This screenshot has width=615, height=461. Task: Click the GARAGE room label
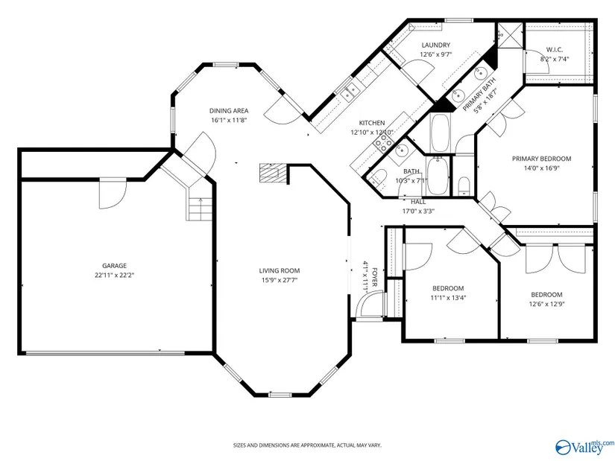coord(115,266)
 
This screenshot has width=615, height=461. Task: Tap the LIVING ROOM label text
coord(280,270)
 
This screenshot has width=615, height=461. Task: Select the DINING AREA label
coord(229,111)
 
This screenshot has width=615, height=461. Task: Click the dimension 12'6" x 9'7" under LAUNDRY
coord(436,54)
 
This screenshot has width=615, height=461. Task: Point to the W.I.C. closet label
coord(554,50)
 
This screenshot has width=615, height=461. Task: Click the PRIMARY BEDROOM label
coord(542,159)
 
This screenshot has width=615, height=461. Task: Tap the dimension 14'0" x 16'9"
coord(542,168)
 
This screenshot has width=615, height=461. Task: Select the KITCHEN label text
coord(372,123)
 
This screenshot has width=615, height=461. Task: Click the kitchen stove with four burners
coord(383,144)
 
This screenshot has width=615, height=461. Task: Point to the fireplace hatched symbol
coord(274,173)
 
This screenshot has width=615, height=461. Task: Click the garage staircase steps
coord(201,209)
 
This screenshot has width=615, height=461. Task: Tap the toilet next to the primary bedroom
coord(464,185)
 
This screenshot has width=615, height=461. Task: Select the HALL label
coord(418,202)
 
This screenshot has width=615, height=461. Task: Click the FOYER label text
coord(374,277)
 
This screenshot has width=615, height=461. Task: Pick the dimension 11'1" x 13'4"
coord(448,298)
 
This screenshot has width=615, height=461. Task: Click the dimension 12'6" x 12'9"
coord(546,304)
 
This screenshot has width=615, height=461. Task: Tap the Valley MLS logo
coord(584,447)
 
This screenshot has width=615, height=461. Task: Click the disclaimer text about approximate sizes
coord(307,445)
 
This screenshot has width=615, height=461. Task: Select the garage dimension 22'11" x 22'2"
coord(115,276)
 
